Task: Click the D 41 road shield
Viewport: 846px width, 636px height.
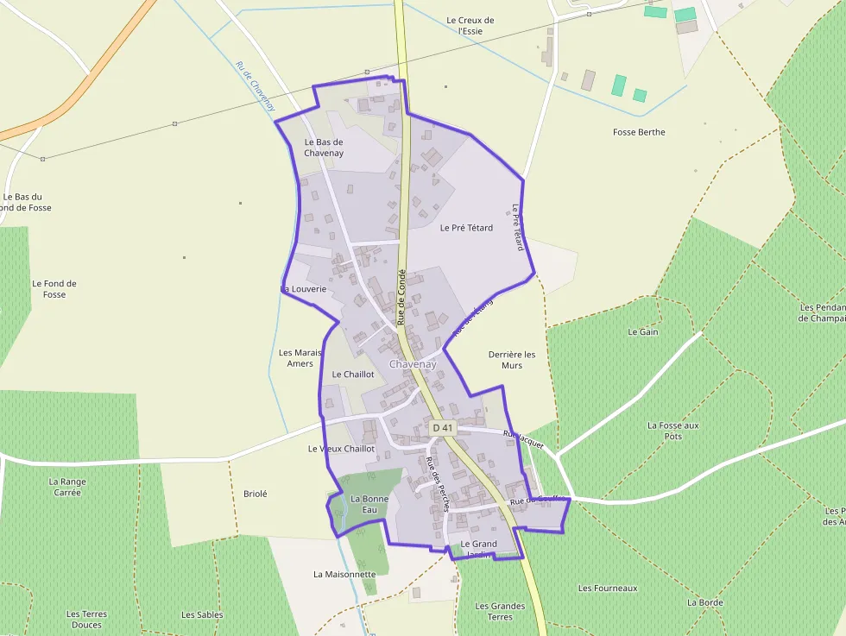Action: [442, 427]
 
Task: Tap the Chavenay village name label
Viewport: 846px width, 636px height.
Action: [413, 364]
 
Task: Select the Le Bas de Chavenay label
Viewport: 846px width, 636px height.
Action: [324, 148]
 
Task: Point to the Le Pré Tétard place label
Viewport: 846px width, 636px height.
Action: [466, 228]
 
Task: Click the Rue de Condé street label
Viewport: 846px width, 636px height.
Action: [401, 296]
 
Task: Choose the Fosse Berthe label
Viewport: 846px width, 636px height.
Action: [639, 132]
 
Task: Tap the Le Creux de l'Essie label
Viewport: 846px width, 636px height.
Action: [470, 26]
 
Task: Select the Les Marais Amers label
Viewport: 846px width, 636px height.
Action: [300, 358]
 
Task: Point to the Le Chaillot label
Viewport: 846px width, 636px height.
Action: [353, 375]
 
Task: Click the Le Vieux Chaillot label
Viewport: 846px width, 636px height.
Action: [341, 449]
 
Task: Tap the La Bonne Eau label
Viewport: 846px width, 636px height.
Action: [369, 505]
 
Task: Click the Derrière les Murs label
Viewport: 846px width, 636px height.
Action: [512, 360]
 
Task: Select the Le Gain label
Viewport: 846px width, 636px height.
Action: [643, 331]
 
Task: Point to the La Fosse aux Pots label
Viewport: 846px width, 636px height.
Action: [673, 431]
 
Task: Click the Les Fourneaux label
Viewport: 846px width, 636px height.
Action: [608, 588]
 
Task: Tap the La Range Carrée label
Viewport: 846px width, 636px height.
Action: [67, 487]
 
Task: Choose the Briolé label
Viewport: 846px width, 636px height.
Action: [256, 494]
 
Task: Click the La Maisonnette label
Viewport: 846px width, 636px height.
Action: [344, 574]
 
